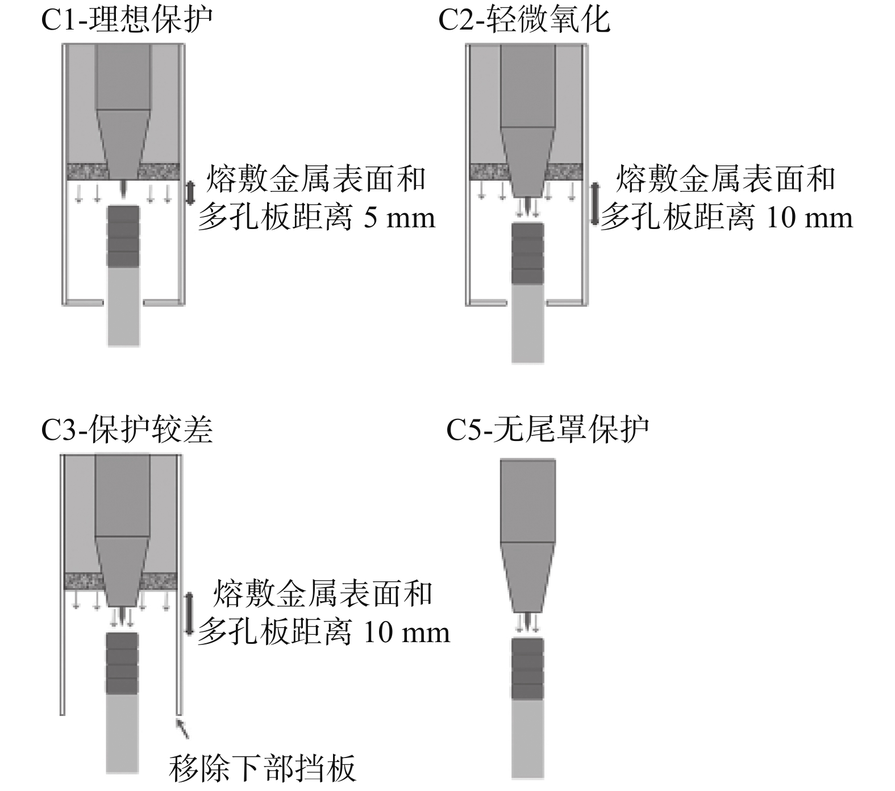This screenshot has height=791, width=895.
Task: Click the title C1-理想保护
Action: click(x=127, y=19)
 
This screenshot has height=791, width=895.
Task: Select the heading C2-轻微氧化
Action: click(x=524, y=19)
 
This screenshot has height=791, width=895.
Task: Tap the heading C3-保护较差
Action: click(x=127, y=430)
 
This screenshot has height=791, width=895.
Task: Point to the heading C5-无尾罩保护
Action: click(x=547, y=430)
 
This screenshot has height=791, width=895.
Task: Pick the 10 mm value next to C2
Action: click(x=809, y=219)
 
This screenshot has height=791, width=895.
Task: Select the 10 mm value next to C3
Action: click(x=406, y=633)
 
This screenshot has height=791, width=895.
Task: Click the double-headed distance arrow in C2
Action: click(x=595, y=203)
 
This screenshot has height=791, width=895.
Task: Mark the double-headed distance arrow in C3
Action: click(x=189, y=613)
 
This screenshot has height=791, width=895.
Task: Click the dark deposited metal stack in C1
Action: click(x=123, y=236)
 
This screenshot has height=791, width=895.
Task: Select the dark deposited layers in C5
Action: click(x=527, y=668)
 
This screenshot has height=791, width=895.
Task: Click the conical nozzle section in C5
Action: click(x=527, y=576)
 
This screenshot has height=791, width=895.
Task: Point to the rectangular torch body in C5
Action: click(x=527, y=501)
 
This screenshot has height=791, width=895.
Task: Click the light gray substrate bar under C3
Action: click(x=122, y=733)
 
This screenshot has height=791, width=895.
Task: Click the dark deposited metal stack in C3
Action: click(x=122, y=663)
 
